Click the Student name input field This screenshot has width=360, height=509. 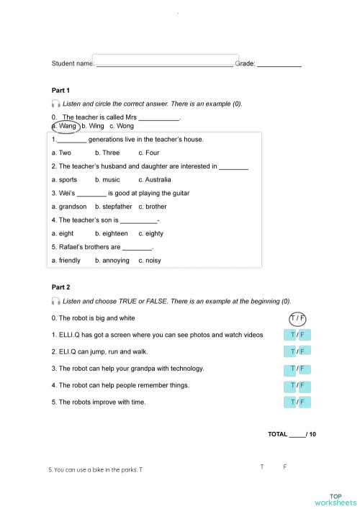coord(166,60)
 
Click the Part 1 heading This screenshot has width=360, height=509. coord(60,91)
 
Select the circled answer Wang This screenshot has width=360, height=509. coord(66,126)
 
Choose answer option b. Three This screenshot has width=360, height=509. coord(107,153)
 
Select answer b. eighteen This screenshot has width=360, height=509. coord(112,233)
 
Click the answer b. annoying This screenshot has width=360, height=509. coord(112,260)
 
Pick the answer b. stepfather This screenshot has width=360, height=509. coord(114,207)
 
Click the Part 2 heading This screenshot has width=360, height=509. coord(60,287)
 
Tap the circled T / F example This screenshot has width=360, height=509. coord(297,318)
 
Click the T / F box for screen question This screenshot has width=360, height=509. coord(297,335)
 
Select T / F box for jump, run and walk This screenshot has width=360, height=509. coord(297,351)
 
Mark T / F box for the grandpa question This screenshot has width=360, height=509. coord(297,369)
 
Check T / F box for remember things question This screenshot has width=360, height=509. coord(297,385)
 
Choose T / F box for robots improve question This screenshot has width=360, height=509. coord(297,402)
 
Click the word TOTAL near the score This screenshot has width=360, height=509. coord(277,434)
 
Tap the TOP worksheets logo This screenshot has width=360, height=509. coord(336,500)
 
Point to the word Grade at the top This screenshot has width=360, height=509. coord(245,64)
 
